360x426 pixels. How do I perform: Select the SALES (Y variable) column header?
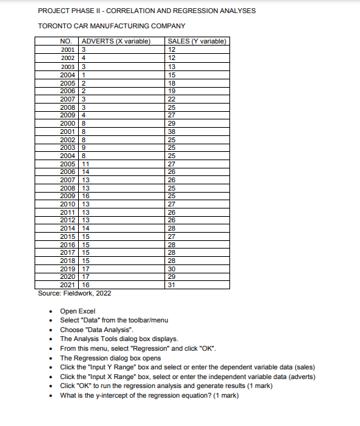(197, 42)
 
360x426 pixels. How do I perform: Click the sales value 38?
(172, 130)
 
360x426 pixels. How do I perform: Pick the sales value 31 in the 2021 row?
(172, 284)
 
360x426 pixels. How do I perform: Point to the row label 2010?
(68, 204)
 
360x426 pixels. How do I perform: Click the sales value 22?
(172, 101)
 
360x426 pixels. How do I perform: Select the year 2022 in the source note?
(100, 293)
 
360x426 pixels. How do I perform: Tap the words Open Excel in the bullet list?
(77, 311)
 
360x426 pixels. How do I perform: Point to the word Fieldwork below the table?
(76, 293)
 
